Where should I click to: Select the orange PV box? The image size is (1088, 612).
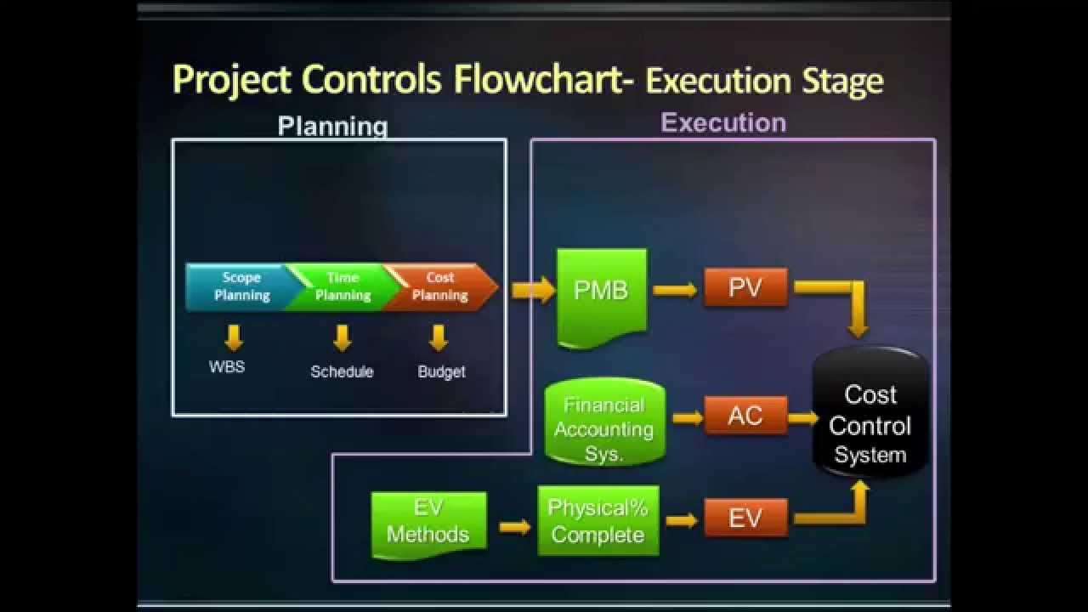[x=745, y=288]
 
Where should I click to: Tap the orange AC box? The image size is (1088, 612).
[x=745, y=416]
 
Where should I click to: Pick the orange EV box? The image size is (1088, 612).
[x=745, y=518]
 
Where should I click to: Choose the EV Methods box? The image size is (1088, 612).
[x=428, y=523]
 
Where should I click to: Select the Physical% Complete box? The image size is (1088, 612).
[x=598, y=521]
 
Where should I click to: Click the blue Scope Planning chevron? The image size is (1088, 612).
[x=238, y=286]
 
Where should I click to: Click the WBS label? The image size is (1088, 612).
[x=227, y=367]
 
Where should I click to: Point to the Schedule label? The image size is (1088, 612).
[x=342, y=371]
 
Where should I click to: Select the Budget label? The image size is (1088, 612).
[x=441, y=371]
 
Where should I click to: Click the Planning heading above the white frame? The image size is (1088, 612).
[x=332, y=127]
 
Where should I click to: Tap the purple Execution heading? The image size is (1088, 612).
[x=723, y=123]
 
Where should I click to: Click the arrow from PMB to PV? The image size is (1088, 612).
[x=675, y=290]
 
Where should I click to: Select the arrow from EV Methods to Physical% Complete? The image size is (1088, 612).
[x=514, y=527]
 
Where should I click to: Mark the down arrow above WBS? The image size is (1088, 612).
[x=234, y=337]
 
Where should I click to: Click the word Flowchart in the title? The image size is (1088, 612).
[x=543, y=80]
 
